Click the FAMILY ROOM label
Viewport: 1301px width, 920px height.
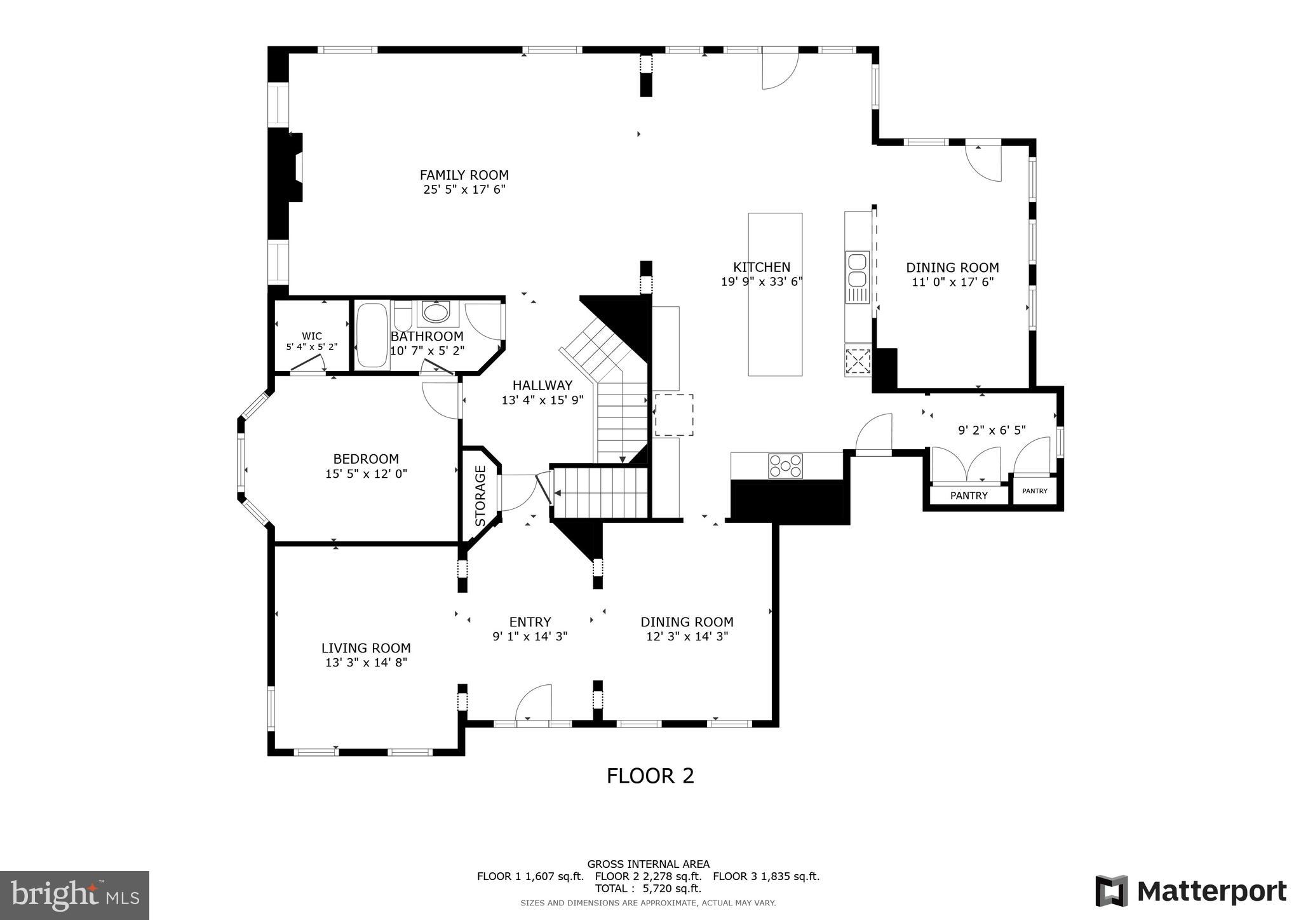[x=464, y=175]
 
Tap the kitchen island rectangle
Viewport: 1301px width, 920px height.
[x=774, y=294]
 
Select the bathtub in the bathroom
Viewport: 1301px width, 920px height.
[x=372, y=335]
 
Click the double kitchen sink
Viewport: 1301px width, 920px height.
[x=856, y=271]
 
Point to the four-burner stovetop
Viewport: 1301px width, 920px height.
[x=785, y=466]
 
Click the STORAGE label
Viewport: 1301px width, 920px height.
[x=480, y=496]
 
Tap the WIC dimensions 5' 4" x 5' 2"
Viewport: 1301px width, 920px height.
[x=311, y=347]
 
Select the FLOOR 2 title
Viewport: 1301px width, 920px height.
[x=650, y=776]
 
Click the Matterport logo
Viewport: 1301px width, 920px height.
[x=1190, y=891]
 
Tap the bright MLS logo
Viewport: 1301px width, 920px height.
[x=74, y=895]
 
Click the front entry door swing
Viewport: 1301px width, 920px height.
[x=534, y=703]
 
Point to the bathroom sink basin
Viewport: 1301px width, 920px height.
[x=435, y=313]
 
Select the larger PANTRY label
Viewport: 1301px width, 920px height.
[x=969, y=496]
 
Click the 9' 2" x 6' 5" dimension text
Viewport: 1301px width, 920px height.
[x=991, y=430]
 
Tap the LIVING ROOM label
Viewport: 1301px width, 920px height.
[x=366, y=648]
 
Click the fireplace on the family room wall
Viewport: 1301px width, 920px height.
[x=295, y=168]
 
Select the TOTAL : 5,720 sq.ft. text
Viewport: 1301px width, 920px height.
[x=648, y=888]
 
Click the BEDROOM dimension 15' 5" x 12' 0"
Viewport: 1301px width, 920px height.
[x=366, y=473]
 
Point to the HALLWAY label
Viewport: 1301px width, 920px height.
[x=542, y=385]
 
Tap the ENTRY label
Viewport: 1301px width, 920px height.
[x=530, y=622]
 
